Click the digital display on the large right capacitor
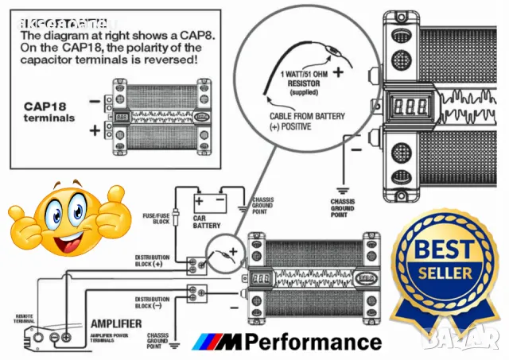point(406,104)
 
